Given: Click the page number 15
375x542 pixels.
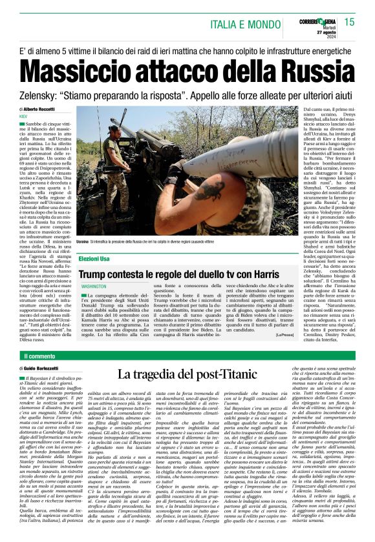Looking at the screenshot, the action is point(349,22).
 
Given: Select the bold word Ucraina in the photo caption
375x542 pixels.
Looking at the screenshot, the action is point(83,241).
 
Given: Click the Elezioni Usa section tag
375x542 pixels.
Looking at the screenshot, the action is point(94,258).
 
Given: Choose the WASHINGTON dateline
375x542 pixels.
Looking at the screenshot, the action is point(94,285).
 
